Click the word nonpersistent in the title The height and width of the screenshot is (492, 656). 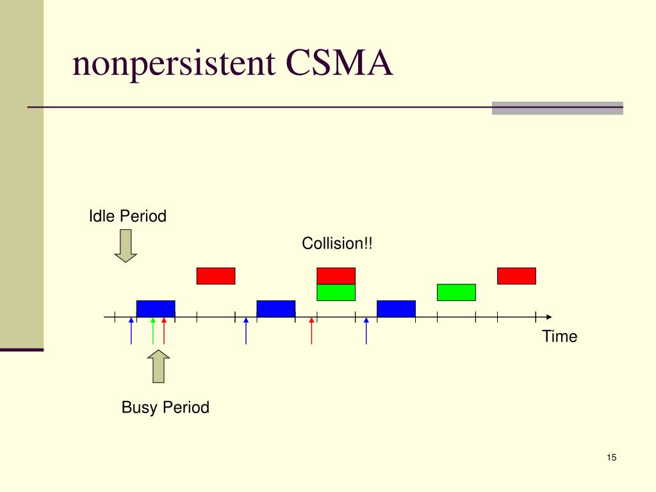pos(174,64)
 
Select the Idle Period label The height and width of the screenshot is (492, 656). pos(127,217)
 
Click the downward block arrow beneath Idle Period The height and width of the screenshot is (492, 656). pos(126,245)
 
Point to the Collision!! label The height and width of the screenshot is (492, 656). pos(337,243)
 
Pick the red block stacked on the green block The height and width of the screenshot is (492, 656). pos(336,275)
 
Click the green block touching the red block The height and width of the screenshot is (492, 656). pos(336,292)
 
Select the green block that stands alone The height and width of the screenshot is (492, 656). pos(456,292)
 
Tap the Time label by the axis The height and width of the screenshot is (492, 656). pos(559,336)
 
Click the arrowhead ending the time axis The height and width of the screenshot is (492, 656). pos(548,316)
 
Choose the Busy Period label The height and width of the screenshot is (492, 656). pos(165,407)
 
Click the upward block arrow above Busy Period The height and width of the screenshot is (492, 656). pos(159,366)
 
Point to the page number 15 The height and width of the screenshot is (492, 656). pos(611,457)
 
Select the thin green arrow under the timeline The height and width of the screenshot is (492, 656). pos(153,331)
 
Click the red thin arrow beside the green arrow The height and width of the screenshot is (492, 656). pos(164,331)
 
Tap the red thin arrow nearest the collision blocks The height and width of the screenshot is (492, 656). pos(311,331)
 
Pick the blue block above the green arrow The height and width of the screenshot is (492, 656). pos(156,308)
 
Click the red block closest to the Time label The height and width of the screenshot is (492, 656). pos(516,275)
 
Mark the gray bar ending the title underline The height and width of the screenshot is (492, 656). pos(557,108)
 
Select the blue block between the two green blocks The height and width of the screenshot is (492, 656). pos(396,308)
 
